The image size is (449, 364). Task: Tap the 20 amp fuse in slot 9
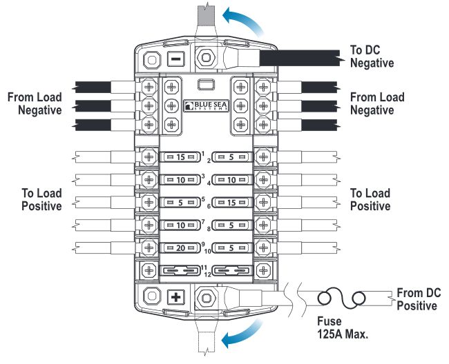tap(180, 247)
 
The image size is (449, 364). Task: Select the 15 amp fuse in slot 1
tap(180, 157)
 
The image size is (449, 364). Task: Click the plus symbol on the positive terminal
tap(176, 298)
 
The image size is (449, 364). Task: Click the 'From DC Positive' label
tap(417, 299)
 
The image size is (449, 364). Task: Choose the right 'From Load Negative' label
tap(377, 104)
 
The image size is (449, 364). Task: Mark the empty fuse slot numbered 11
tap(180, 271)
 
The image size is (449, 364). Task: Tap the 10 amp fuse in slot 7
tap(180, 225)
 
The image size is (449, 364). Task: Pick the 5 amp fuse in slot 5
tap(180, 202)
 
